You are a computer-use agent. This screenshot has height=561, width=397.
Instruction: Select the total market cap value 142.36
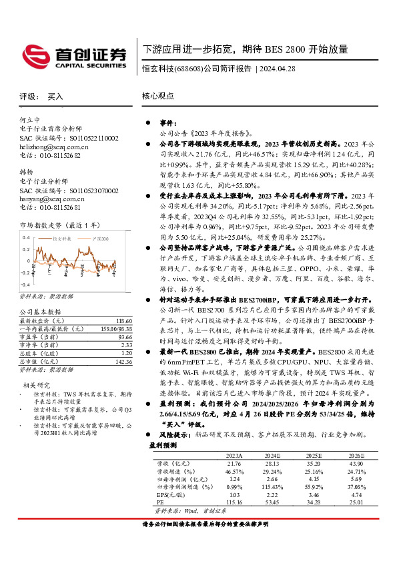coord(121,360)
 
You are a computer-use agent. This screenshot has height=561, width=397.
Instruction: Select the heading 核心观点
coord(157,96)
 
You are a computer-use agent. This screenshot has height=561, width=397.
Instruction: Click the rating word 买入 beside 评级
coord(55,97)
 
